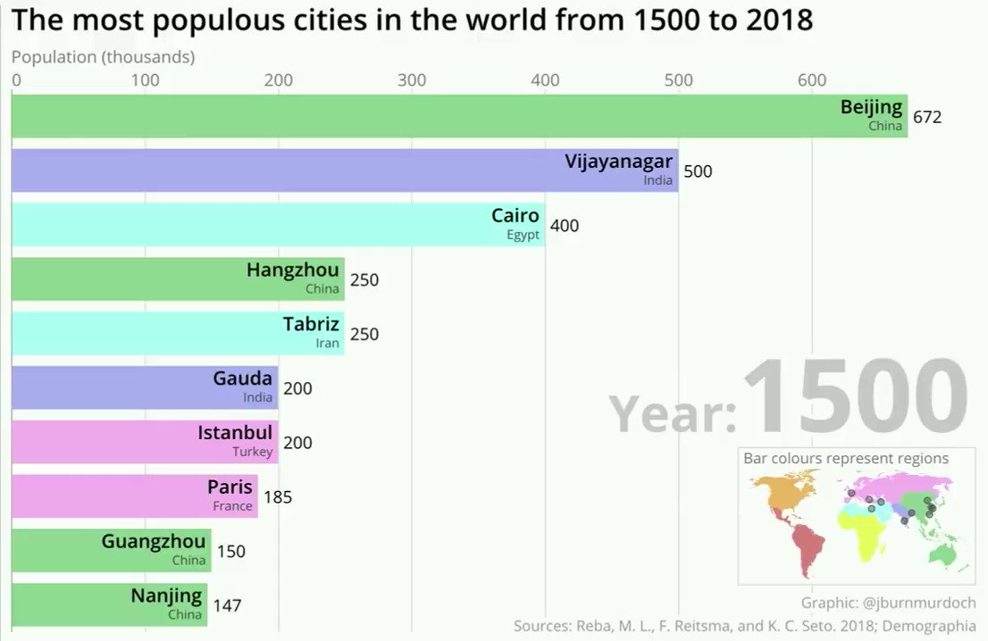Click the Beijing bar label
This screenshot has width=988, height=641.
coord(871,108)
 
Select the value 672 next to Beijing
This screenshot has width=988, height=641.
coord(926,117)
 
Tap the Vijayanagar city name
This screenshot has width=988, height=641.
coord(618,162)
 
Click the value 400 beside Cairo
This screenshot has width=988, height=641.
coord(564,226)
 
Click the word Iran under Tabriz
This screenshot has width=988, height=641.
coord(327,344)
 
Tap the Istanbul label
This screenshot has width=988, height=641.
coord(235,433)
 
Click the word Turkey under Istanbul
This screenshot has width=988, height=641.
coord(252,453)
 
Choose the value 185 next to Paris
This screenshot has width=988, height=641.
coord(278,497)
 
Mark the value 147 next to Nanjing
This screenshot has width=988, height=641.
coord(227,606)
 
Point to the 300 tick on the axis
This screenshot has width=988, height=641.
coord(412,80)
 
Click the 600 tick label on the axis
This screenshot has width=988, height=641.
coord(811,80)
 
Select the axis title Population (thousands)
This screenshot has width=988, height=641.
coord(103,57)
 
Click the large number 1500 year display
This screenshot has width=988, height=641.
coord(855,398)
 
